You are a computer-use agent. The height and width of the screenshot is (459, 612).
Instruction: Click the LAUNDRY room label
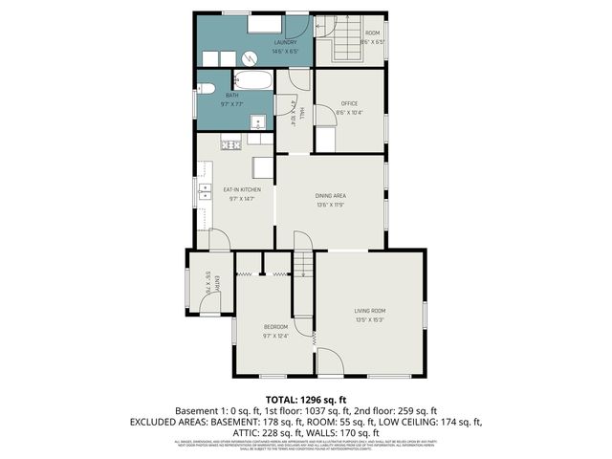285,42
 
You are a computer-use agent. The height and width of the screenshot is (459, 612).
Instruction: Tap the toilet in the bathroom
207,94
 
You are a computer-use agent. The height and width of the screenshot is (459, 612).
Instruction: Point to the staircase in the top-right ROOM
343,44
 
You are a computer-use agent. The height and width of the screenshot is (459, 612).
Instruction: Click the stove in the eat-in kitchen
231,144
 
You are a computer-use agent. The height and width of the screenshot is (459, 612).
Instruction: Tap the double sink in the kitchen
205,197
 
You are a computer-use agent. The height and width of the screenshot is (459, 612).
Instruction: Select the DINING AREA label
331,195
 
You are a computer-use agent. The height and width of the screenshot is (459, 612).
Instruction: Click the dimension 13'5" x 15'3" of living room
370,319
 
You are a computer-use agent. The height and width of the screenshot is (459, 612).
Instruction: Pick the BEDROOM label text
275,327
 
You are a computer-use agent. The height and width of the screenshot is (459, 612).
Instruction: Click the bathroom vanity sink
257,121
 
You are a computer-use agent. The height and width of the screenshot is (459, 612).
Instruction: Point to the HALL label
302,114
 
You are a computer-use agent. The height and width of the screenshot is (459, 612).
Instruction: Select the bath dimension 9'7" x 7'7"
232,103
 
